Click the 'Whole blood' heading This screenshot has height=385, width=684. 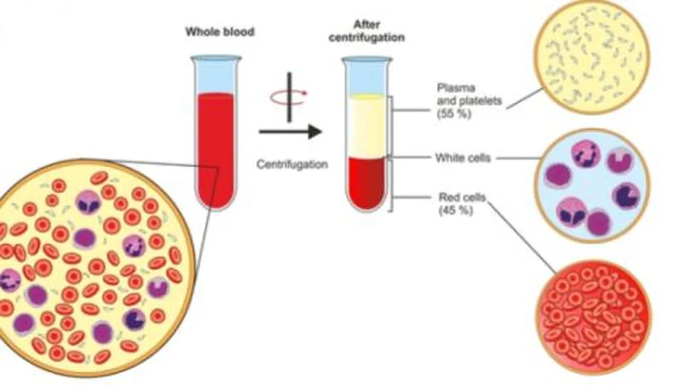click(220, 32)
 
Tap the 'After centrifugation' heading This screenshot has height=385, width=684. click(366, 31)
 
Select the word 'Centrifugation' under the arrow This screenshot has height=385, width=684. click(292, 165)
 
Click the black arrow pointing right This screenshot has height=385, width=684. click(290, 132)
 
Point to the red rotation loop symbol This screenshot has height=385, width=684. click(288, 97)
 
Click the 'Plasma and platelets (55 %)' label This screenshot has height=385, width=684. click(469, 101)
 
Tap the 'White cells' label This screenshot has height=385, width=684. click(462, 158)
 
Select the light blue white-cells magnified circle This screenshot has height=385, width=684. click(592, 185)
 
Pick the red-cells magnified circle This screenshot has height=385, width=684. click(593, 317)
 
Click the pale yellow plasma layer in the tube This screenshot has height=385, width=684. click(367, 126)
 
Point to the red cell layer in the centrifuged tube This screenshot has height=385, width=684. click(367, 184)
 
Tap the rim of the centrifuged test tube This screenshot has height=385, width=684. click(367, 59)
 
